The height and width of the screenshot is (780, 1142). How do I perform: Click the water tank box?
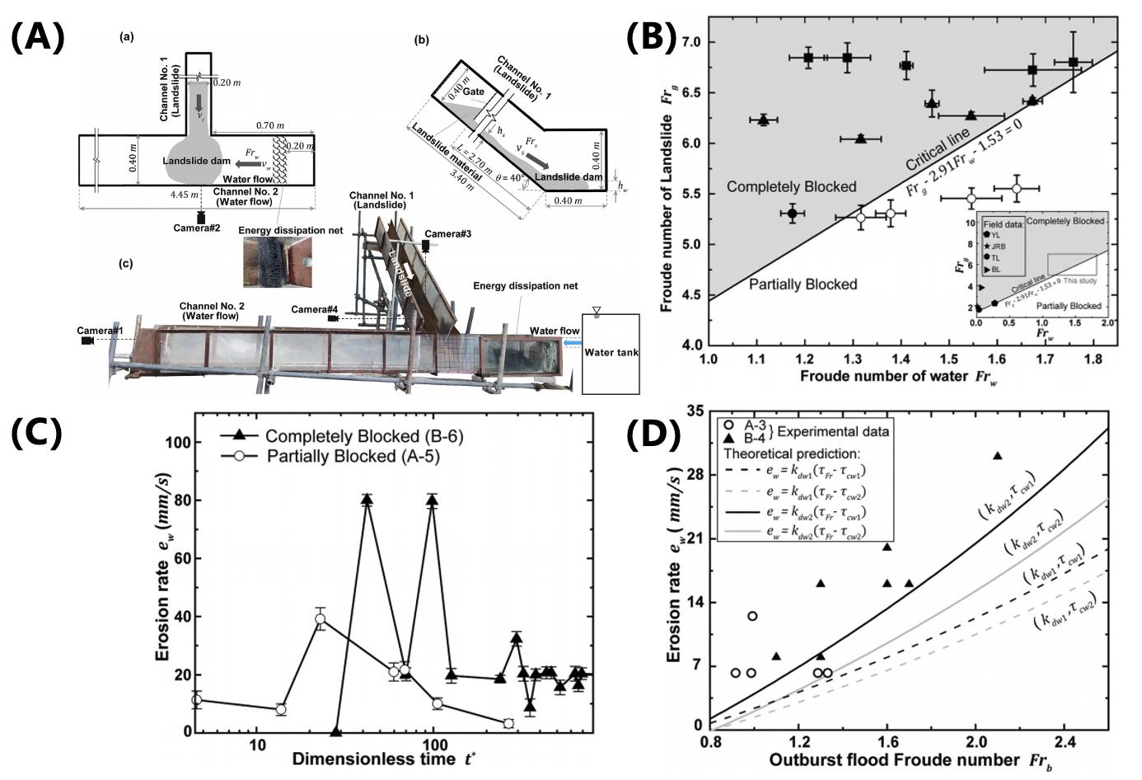pos(610,353)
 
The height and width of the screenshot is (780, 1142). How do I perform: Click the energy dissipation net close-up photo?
pos(278,262)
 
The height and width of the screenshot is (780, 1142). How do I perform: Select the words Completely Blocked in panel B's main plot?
pos(791,187)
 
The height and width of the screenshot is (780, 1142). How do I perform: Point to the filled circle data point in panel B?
pos(792,214)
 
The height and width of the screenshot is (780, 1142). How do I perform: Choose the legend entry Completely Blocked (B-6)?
pos(363,436)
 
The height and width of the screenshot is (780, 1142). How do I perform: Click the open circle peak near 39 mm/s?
pos(320,618)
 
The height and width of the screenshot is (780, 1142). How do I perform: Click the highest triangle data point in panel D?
pos(997,456)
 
